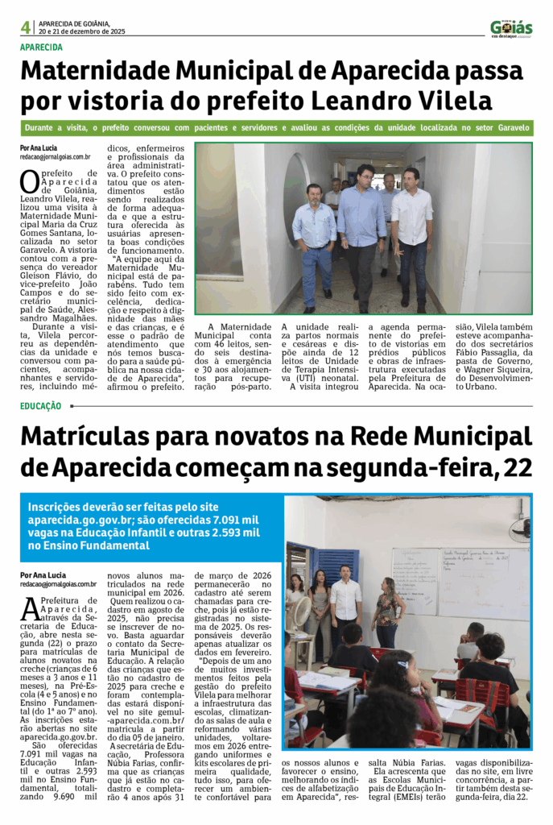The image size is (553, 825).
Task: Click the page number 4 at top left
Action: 26,27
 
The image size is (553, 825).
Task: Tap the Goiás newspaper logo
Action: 511,27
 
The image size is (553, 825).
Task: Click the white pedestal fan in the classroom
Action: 302,612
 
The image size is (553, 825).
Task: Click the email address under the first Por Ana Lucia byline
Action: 55,157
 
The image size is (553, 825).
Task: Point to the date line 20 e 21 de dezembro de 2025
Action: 82,31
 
